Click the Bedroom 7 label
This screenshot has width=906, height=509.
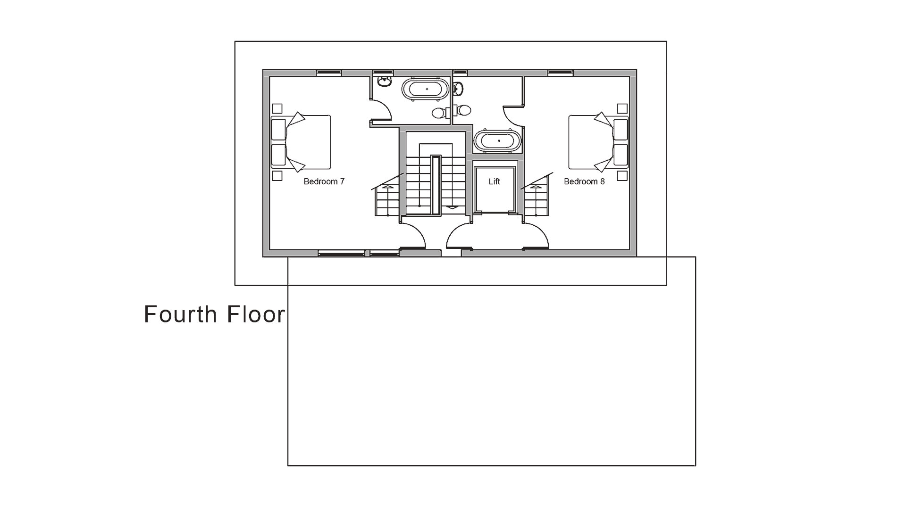324,181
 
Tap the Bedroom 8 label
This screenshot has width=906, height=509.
584,181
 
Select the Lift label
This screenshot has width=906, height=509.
494,181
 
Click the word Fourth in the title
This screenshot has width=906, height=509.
180,314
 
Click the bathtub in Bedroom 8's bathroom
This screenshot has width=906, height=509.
498,141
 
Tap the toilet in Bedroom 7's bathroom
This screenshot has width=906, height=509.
439,113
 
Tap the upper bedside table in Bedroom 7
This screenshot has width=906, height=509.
277,109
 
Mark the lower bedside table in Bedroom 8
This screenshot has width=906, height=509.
622,176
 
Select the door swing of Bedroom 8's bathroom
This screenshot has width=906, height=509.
513,116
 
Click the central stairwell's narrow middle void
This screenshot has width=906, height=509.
435,185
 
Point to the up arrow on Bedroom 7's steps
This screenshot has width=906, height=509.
388,187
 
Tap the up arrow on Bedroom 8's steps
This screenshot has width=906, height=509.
536,187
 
